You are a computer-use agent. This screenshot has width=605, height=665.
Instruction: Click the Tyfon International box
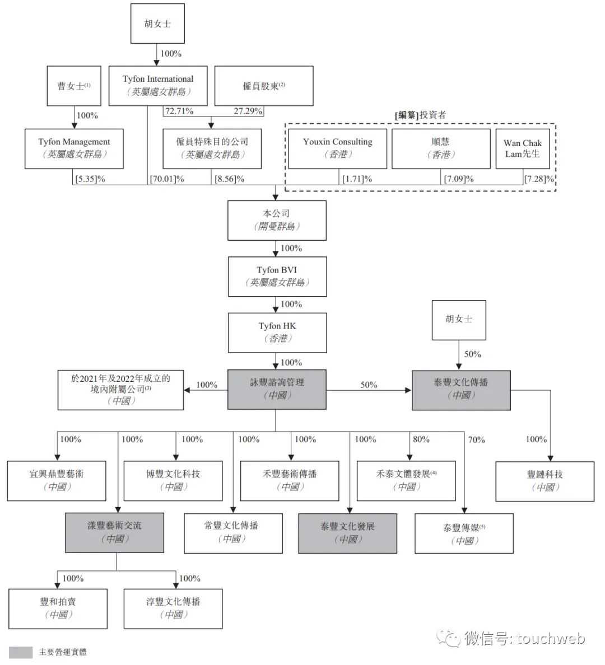tap(158, 86)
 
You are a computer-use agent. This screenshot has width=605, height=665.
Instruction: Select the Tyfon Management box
tap(74, 148)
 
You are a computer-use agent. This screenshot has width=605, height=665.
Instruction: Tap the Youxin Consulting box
tap(338, 148)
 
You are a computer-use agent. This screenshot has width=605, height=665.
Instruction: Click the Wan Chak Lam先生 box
tap(523, 148)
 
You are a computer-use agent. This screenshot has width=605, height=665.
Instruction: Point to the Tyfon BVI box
tap(277, 277)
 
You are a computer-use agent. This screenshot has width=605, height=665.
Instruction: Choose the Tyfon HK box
tap(277, 332)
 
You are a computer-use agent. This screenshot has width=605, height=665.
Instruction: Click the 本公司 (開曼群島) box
tap(277, 220)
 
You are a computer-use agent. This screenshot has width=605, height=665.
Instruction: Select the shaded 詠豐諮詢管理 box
tap(277, 390)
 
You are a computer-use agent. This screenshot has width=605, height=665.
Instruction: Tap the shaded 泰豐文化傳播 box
tap(461, 390)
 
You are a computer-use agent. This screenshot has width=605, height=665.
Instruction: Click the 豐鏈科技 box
tap(544, 481)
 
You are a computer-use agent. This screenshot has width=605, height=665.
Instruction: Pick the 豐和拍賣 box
tap(58, 608)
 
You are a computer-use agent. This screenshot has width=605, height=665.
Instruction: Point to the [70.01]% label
tap(167, 179)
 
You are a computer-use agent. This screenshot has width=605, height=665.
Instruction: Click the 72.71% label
tap(179, 111)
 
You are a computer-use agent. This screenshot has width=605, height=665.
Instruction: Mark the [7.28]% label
tap(539, 179)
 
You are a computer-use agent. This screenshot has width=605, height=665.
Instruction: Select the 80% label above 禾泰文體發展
tap(421, 439)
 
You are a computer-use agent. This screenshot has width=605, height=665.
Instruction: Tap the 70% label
tap(476, 440)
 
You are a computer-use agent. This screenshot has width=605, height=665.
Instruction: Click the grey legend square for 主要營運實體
tap(21, 652)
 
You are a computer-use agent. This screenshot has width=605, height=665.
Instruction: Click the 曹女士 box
tap(74, 86)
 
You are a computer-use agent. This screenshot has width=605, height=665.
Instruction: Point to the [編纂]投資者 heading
tap(420, 115)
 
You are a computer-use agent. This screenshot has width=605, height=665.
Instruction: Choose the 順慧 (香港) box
tap(441, 148)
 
